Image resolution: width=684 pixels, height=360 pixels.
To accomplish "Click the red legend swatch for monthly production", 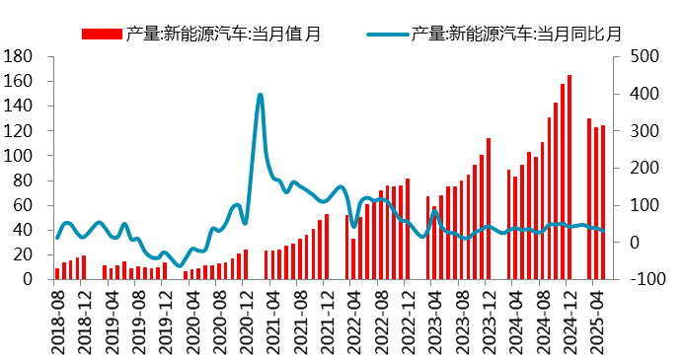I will pos(102,35).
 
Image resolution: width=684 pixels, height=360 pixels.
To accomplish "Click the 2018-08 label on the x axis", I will pos(58,318).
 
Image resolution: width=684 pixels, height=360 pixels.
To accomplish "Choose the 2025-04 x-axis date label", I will pos(596,318).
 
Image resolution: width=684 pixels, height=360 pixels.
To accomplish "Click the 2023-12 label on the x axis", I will pos(489,318).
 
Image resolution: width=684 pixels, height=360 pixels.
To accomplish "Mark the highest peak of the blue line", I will pos(260,95).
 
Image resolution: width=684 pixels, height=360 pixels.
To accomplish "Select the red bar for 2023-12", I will pos(489,209).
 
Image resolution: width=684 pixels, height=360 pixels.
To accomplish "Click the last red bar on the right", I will pos(603,202).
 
